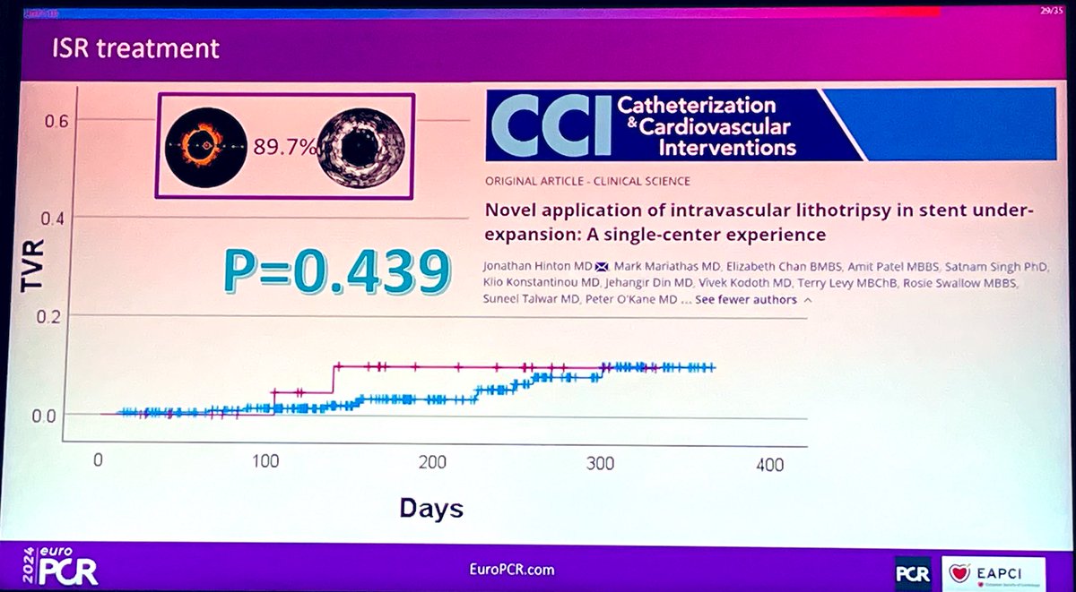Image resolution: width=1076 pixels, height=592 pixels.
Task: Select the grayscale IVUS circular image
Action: tap(362, 145)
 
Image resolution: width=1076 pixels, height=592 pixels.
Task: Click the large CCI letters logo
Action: tap(548, 124)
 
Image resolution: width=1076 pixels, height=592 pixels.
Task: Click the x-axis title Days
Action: tap(431, 509)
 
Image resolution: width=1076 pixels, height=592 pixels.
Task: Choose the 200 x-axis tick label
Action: tap(433, 463)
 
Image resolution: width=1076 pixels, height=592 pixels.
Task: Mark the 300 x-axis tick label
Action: tap(601, 463)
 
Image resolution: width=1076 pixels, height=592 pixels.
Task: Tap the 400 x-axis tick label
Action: tap(768, 464)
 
